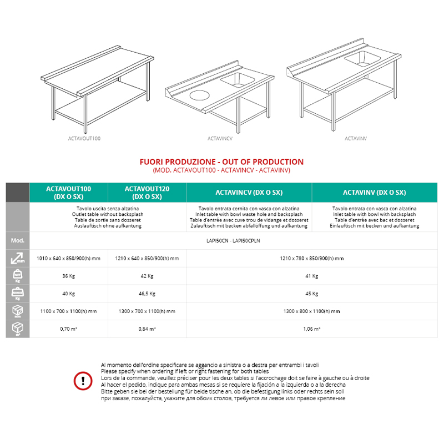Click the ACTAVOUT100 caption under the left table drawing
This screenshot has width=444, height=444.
[84, 138]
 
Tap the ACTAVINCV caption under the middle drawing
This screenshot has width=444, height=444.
[220, 138]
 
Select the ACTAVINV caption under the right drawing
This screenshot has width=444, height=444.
[356, 138]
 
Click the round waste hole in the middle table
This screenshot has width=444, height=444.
[199, 95]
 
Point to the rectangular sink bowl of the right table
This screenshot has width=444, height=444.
[363, 59]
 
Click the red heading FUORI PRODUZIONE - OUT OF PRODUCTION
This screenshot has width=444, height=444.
[221, 162]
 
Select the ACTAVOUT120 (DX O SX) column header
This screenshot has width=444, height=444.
[147, 193]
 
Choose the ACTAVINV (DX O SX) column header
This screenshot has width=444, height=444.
[374, 193]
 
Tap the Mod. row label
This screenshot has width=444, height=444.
[18, 240]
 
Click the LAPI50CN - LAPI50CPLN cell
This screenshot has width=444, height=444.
[233, 241]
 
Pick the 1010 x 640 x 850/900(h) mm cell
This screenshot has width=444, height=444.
[68, 258]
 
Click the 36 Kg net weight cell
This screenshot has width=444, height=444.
[68, 276]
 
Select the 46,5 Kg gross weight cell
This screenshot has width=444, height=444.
[147, 294]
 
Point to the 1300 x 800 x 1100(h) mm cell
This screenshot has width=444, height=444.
[311, 311]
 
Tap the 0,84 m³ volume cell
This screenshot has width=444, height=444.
[147, 329]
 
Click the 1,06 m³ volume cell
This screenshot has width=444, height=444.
[311, 329]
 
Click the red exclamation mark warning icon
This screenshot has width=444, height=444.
[83, 381]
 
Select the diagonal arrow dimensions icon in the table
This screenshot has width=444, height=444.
[18, 258]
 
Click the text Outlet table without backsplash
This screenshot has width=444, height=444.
[108, 214]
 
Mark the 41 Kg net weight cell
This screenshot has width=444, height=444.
[311, 276]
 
